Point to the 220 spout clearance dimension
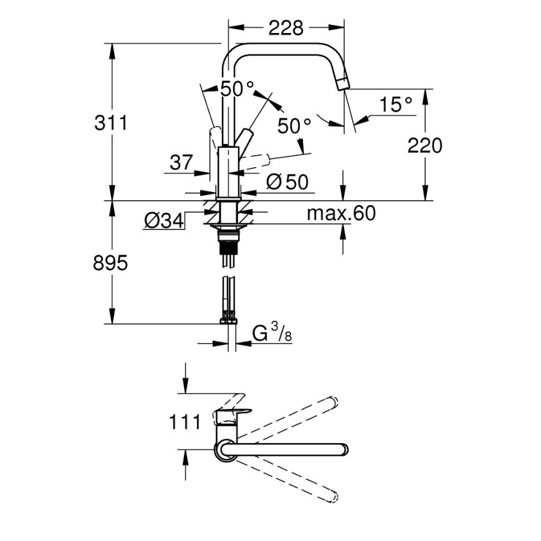point(424,145)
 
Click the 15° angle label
point(396,105)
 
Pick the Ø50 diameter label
point(287,181)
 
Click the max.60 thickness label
point(342,213)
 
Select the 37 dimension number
point(181,163)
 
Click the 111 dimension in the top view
point(184,422)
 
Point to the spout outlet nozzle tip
point(343,84)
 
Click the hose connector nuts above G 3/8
point(229,318)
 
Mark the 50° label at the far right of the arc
point(294,126)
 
